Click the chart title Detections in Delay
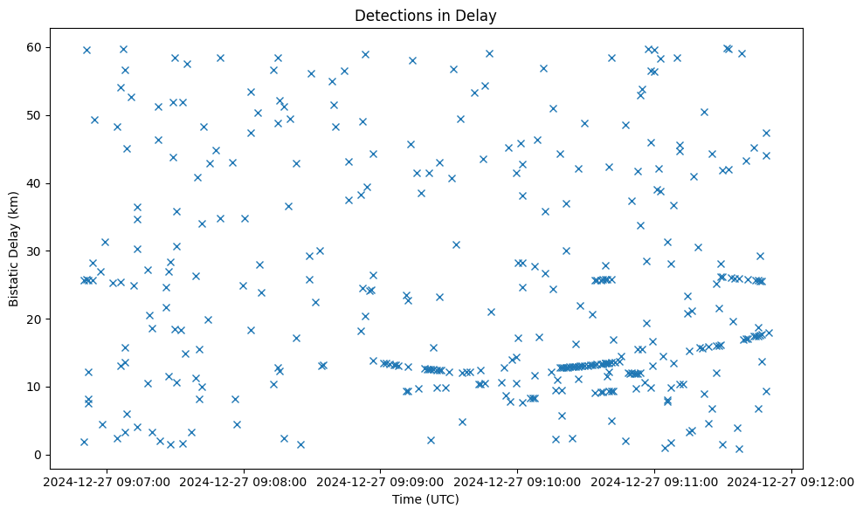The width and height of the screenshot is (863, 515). pos(425,16)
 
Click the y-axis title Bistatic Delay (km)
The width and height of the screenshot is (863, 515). pos(14,248)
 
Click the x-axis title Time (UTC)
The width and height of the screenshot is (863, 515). pos(425,499)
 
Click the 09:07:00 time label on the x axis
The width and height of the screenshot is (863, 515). pos(107,481)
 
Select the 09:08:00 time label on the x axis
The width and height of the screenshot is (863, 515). pos(244,481)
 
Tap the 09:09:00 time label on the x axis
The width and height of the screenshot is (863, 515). pos(381,481)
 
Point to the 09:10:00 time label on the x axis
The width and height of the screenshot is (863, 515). pos(518,481)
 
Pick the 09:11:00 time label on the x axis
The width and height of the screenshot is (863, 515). pos(655,481)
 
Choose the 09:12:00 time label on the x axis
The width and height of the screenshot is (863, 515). pos(791,481)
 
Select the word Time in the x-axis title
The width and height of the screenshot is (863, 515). pos(406,499)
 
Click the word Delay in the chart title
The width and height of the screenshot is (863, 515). pos(479,16)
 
